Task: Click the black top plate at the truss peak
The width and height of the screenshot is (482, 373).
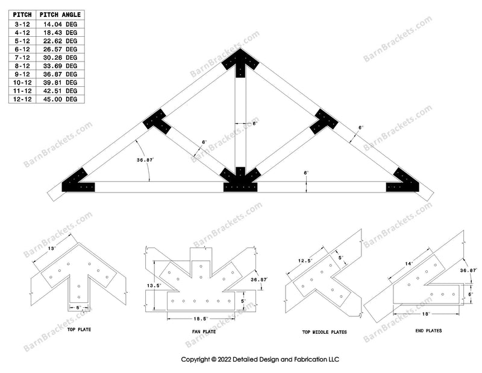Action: pyautogui.click(x=240, y=62)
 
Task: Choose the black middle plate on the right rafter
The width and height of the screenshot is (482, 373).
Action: pyautogui.click(x=324, y=122)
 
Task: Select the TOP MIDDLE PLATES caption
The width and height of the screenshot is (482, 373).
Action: pyautogui.click(x=322, y=332)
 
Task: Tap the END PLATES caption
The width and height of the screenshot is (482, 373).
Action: pyautogui.click(x=430, y=331)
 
